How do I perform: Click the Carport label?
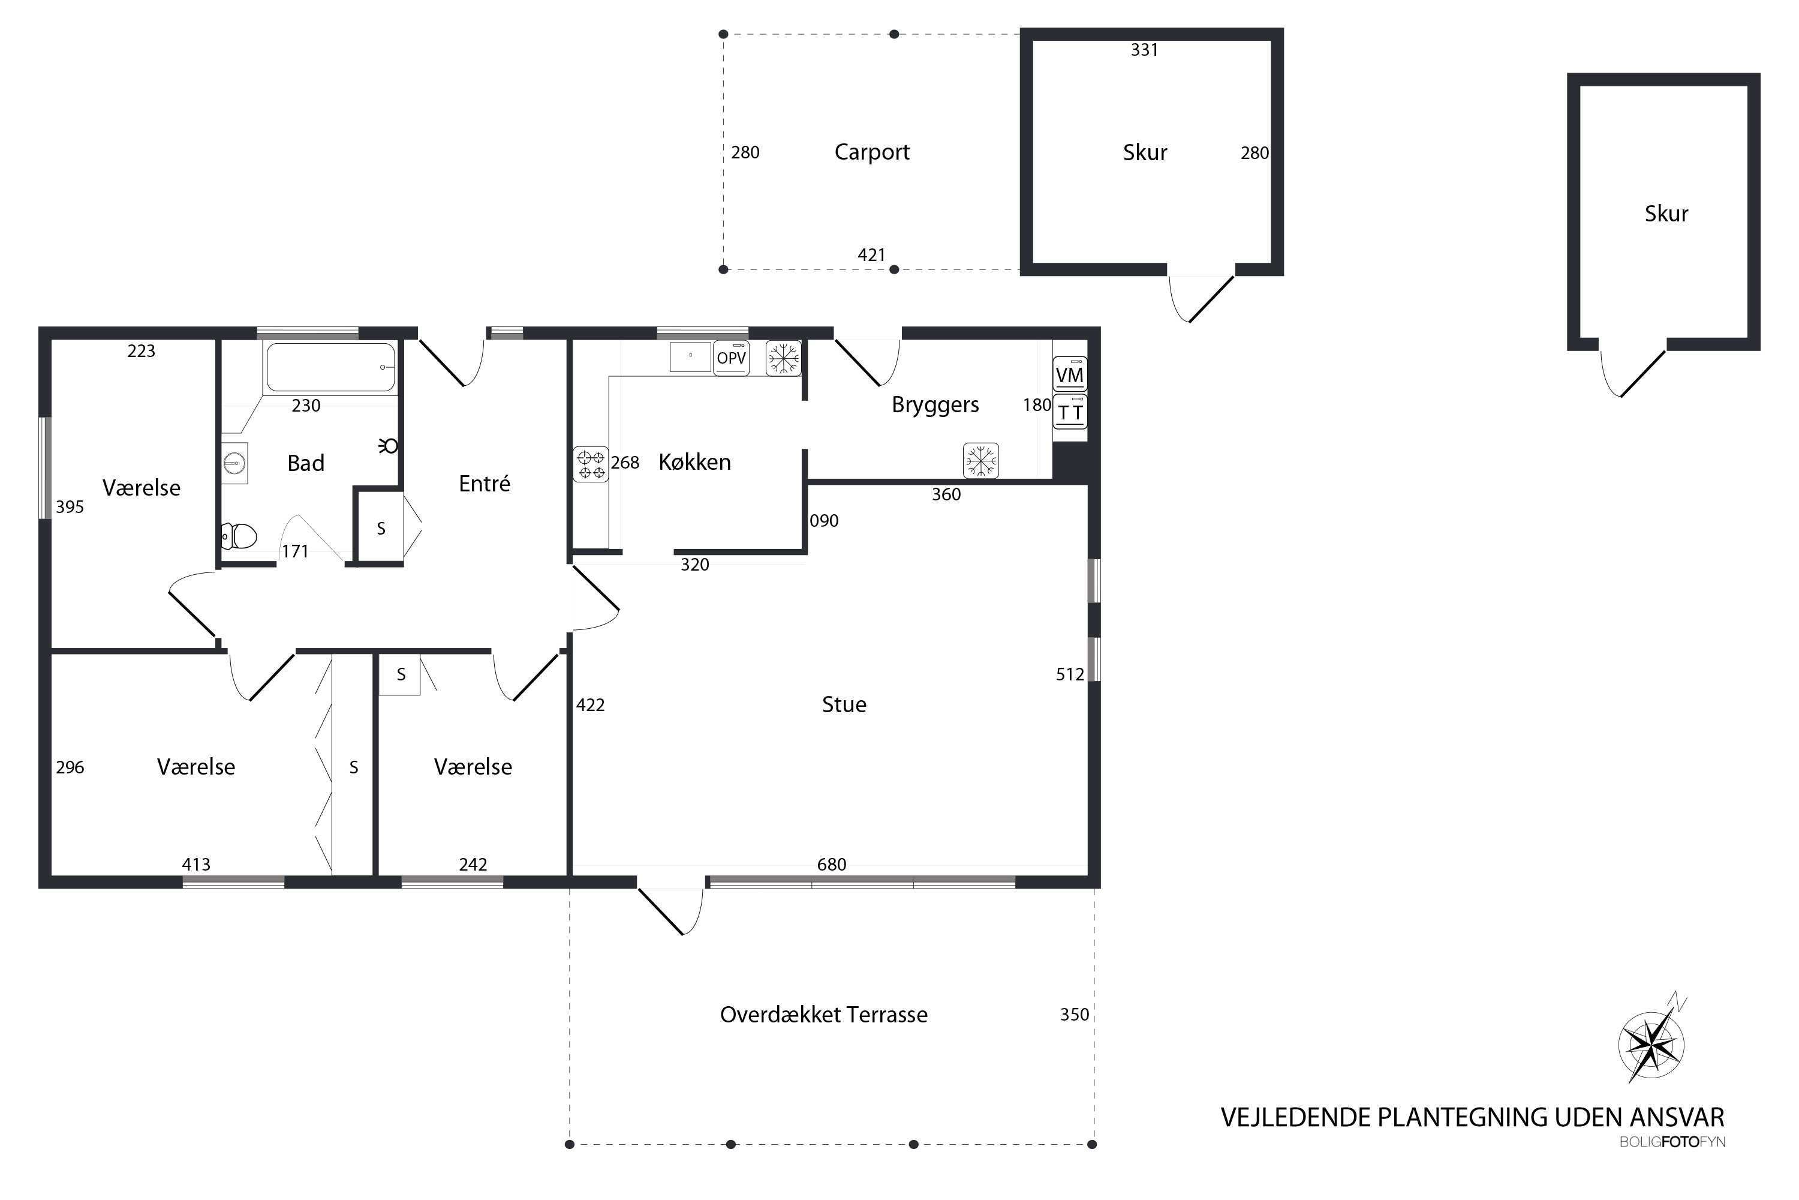pyautogui.click(x=872, y=152)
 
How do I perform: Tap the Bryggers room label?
pyautogui.click(x=935, y=405)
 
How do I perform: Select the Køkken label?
pyautogui.click(x=694, y=461)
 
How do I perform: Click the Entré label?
pyautogui.click(x=484, y=483)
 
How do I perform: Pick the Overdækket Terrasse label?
pyautogui.click(x=824, y=1015)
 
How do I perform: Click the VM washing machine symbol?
pyautogui.click(x=1069, y=375)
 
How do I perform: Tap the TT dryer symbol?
pyautogui.click(x=1069, y=412)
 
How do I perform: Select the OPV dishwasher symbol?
pyautogui.click(x=731, y=358)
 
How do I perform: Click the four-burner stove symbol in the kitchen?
pyautogui.click(x=591, y=464)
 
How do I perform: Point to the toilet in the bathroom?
pyautogui.click(x=239, y=536)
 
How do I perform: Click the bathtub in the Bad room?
pyautogui.click(x=330, y=367)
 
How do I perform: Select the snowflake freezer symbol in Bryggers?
pyautogui.click(x=980, y=461)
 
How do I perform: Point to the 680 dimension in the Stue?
pyautogui.click(x=831, y=865)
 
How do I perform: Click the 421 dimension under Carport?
pyautogui.click(x=871, y=255)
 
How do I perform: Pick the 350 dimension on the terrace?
pyautogui.click(x=1074, y=1015)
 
